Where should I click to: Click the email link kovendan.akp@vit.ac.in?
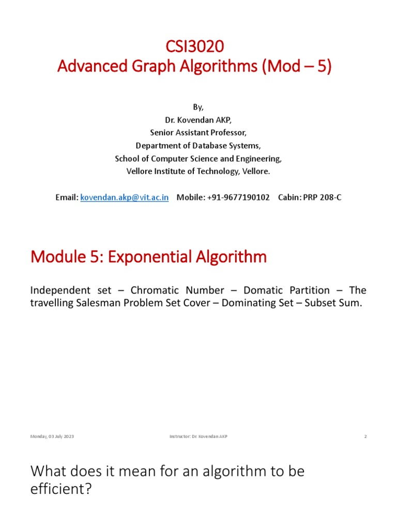click(x=125, y=198)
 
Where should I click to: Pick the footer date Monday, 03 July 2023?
click(x=52, y=437)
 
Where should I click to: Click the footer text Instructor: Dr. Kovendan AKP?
click(x=198, y=437)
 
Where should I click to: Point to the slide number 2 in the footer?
click(x=365, y=437)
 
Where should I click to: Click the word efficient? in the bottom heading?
click(x=61, y=489)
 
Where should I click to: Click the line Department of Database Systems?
click(x=198, y=146)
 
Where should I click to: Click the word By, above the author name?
click(x=198, y=107)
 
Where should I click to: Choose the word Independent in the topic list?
click(x=62, y=290)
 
